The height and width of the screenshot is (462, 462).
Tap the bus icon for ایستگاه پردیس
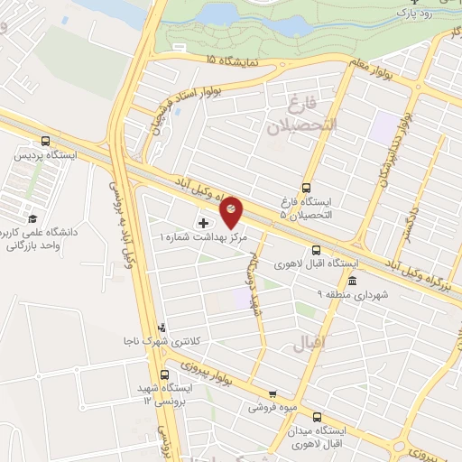[x=46, y=141]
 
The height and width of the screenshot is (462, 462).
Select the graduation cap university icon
[x=32, y=219]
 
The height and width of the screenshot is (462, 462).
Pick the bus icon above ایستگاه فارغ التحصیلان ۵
[x=306, y=188]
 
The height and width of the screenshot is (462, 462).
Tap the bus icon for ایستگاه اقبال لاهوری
[x=316, y=250]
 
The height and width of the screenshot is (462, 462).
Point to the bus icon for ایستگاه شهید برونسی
[x=163, y=374]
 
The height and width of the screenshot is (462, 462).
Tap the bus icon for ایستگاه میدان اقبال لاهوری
[x=317, y=416]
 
